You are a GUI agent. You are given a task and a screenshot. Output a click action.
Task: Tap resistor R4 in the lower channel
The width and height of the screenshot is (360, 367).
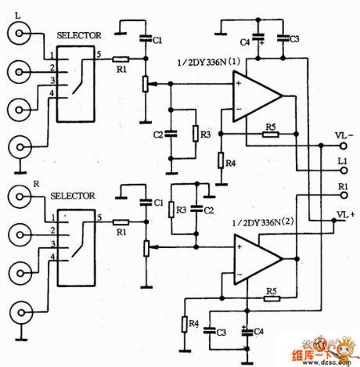pyautogui.click(x=185, y=323)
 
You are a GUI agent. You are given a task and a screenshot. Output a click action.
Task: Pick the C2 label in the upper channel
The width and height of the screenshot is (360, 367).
pyautogui.click(x=157, y=135)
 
